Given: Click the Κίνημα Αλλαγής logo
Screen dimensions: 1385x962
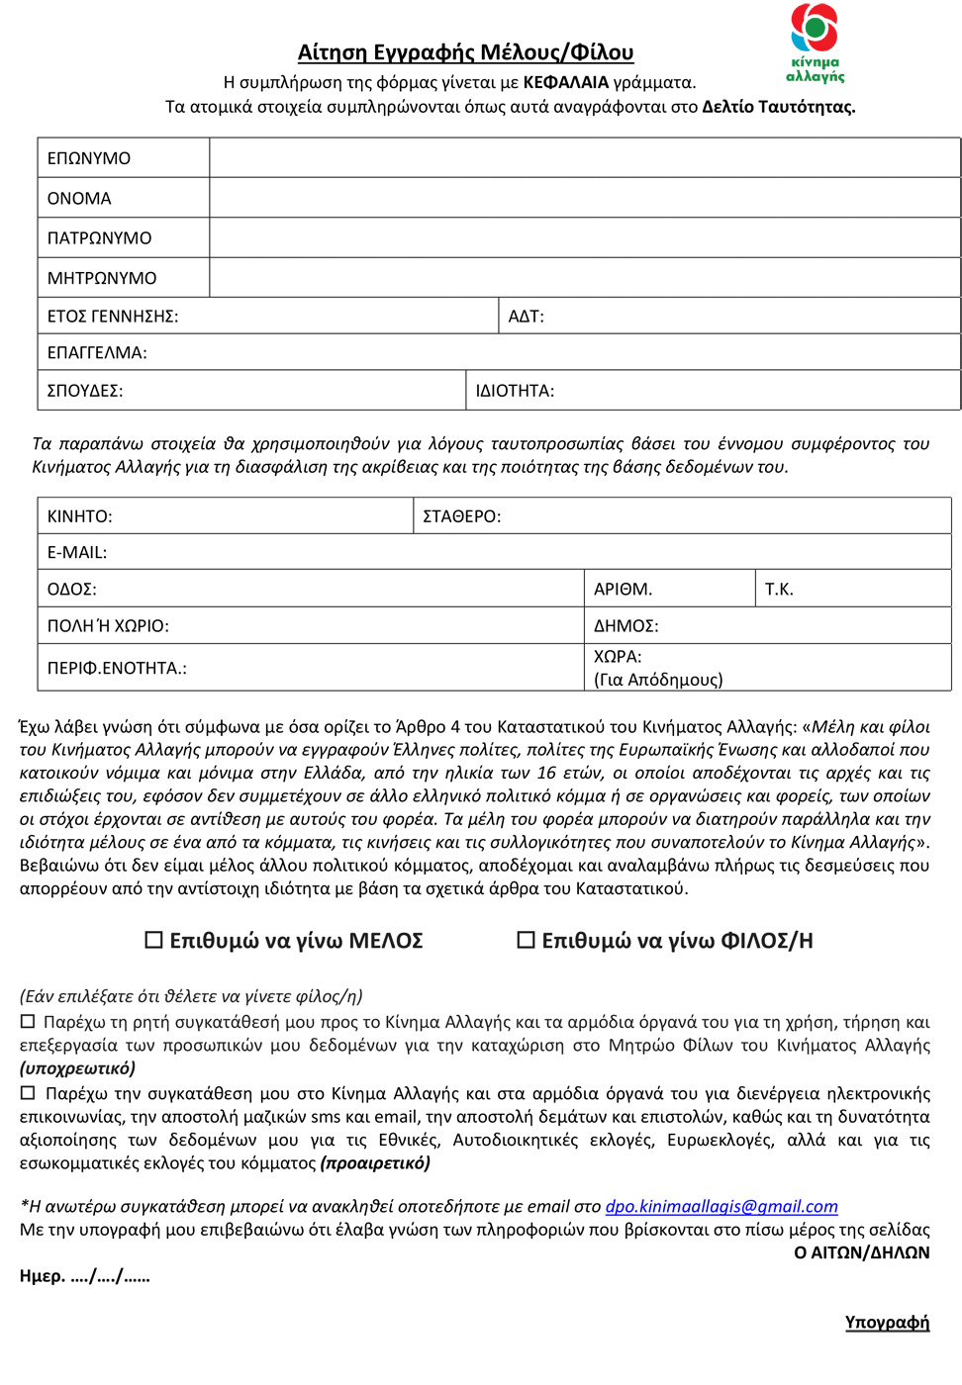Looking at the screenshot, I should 816,43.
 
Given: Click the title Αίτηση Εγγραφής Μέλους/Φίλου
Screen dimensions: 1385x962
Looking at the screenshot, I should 465,52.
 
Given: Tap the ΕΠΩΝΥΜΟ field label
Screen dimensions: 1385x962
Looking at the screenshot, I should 89,158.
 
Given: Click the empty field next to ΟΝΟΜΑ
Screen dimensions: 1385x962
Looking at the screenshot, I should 584,198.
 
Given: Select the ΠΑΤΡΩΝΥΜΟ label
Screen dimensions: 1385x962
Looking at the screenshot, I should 99,238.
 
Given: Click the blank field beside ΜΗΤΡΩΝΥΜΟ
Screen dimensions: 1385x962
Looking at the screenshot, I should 584,278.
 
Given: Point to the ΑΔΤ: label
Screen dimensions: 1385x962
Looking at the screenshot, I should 526,317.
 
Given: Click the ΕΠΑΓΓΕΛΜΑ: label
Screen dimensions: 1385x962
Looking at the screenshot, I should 97,352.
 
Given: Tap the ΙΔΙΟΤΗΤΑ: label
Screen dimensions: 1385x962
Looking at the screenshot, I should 515,391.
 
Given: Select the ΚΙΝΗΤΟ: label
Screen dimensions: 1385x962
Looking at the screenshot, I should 80,516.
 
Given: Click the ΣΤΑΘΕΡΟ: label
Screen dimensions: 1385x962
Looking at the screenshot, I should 461,516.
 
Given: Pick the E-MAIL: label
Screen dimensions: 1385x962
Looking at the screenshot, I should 77,552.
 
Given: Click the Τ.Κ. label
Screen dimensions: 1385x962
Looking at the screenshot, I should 779,590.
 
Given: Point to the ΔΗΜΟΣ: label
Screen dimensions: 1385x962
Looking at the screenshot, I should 625,626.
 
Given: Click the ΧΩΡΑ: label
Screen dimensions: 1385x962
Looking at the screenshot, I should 618,657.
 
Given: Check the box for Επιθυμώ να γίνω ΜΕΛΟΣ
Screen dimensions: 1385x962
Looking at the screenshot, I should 154,940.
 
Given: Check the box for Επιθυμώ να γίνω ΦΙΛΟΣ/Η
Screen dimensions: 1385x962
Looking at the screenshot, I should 527,940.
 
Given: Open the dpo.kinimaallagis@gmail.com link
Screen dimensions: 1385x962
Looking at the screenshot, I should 721,1207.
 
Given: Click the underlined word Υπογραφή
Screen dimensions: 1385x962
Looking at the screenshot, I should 887,1323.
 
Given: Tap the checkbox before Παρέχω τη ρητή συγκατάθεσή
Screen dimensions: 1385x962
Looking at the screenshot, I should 28,1022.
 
